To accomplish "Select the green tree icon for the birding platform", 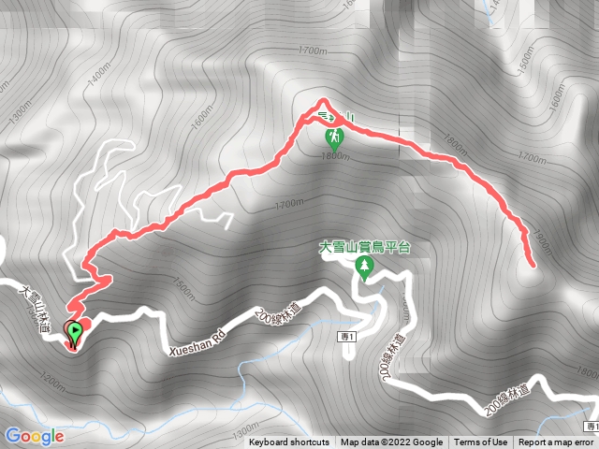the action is [x=364, y=268].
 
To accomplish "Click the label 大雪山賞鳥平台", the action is [x=365, y=248].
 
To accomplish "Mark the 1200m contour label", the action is [x=53, y=382].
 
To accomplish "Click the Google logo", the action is [x=35, y=436].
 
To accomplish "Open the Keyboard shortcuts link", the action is [x=288, y=442].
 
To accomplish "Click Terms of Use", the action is [x=481, y=442].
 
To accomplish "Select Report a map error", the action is [x=556, y=442].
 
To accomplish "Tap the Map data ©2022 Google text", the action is [x=391, y=442].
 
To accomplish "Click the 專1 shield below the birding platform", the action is [x=347, y=334].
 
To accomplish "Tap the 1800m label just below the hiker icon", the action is [x=335, y=157].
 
